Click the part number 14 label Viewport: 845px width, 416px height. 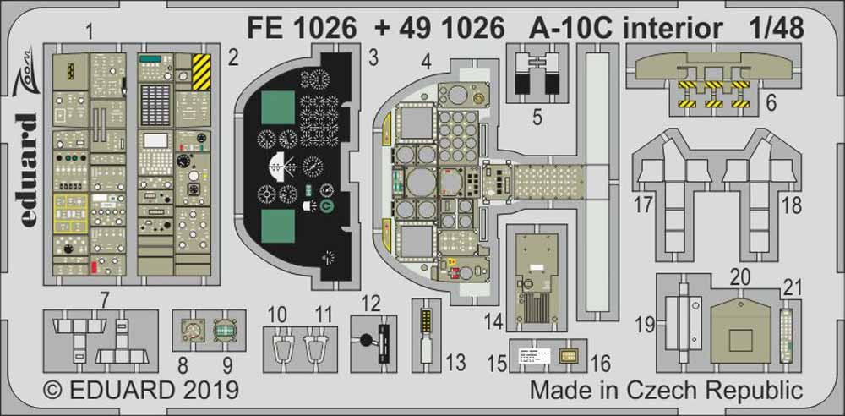[x=493, y=321]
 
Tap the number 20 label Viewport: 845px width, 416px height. [x=740, y=278]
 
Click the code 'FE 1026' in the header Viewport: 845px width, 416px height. [x=301, y=30]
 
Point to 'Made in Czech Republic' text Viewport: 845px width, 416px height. [x=666, y=391]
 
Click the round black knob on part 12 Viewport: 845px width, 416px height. [x=368, y=342]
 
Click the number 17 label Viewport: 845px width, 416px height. [x=645, y=204]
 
